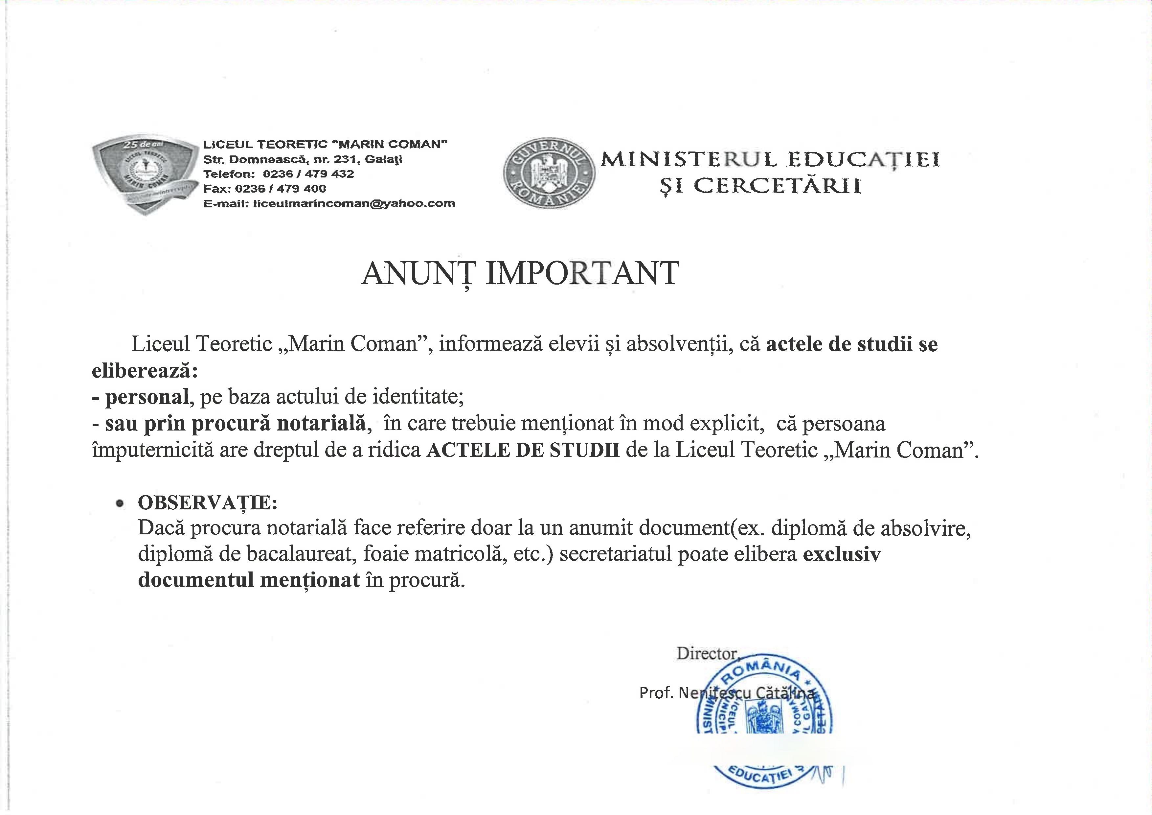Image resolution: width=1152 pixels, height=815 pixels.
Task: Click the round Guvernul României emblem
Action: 550,173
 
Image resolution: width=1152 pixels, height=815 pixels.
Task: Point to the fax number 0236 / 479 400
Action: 280,189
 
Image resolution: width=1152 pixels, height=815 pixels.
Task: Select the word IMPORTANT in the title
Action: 582,274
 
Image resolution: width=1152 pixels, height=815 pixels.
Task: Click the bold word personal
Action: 146,397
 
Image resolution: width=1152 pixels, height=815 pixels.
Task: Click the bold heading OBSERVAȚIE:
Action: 207,502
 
